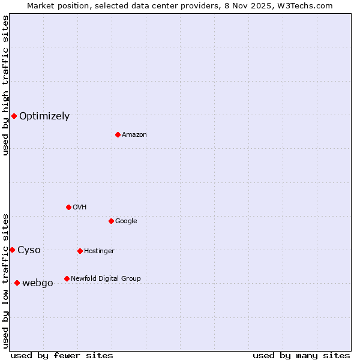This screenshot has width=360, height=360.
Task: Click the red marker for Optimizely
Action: click(x=14, y=116)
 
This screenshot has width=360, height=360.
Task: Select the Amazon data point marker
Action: click(x=118, y=134)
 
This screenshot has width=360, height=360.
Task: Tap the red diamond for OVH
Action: click(x=68, y=207)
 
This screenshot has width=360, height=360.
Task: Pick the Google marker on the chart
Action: click(x=111, y=221)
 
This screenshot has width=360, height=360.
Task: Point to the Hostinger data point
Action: click(x=80, y=251)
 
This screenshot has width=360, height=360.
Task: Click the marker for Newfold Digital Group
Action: click(x=67, y=278)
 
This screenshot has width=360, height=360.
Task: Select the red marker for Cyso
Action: click(x=12, y=250)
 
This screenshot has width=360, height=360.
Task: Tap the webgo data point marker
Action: click(x=17, y=283)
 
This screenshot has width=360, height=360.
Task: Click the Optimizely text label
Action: click(x=44, y=116)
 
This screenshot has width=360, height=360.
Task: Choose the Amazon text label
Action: click(x=134, y=135)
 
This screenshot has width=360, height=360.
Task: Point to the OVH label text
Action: click(x=80, y=208)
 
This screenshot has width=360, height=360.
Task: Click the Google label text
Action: click(x=126, y=221)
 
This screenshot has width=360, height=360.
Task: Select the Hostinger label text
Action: click(x=99, y=251)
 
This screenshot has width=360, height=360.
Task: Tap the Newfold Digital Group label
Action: click(x=106, y=279)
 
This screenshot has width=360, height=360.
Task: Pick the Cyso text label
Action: click(x=29, y=250)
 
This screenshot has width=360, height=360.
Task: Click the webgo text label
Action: click(x=37, y=283)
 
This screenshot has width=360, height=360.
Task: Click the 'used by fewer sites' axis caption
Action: click(x=62, y=355)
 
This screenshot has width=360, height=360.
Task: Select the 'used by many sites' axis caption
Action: click(x=301, y=355)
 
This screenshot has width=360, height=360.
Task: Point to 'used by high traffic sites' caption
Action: click(x=5, y=85)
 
